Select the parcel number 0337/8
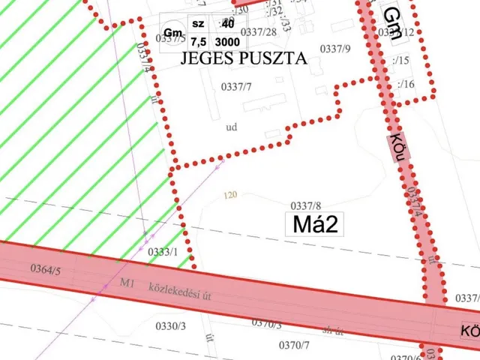click(x=306, y=205)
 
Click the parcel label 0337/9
click(x=335, y=49)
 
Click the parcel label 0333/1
click(x=163, y=252)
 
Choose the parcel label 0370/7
click(x=294, y=344)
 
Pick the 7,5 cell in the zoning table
click(x=198, y=41)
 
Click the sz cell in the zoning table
click(x=198, y=24)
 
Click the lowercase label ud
click(x=231, y=127)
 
